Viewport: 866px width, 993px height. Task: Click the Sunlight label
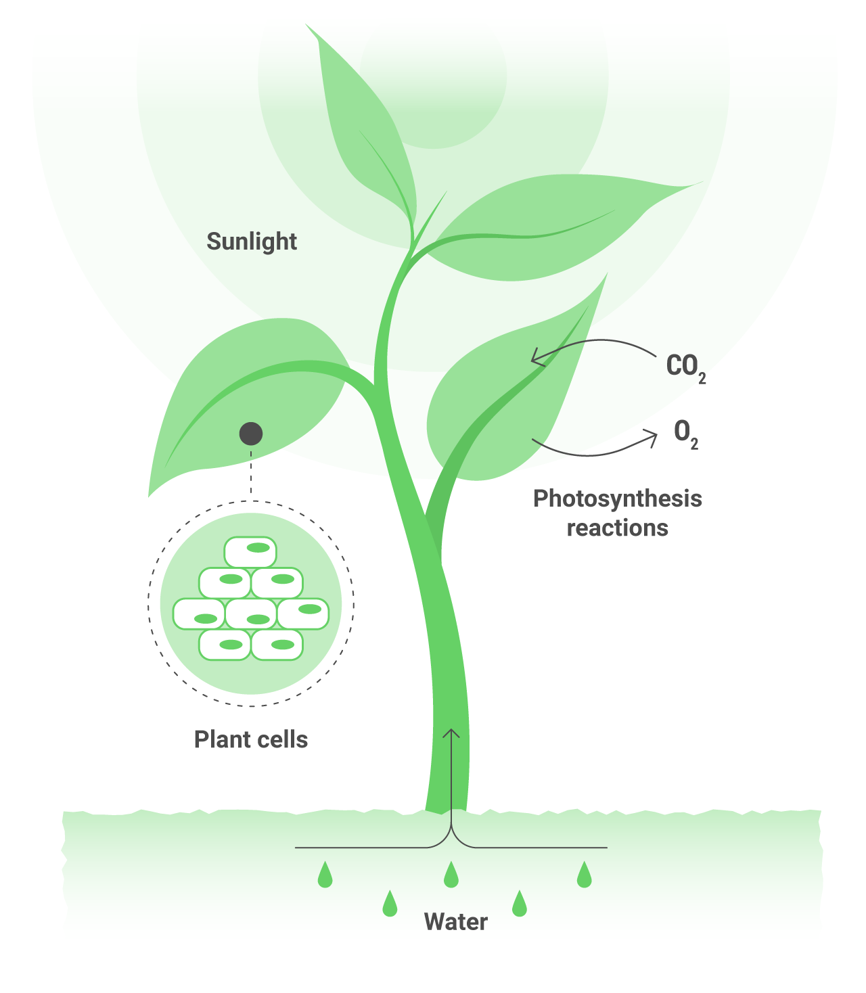252,241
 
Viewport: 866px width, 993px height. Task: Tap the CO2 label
685,367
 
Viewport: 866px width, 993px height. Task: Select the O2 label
685,432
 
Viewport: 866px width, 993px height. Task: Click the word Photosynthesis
617,499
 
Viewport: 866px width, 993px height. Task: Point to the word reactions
617,528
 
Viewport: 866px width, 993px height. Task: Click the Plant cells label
250,739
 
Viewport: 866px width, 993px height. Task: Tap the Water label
455,922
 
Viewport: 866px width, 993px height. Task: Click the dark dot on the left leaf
251,434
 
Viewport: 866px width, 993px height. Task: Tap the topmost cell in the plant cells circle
250,551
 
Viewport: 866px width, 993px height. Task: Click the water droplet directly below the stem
451,875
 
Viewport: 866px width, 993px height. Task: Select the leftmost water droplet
325,875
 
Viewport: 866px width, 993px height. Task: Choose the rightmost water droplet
584,875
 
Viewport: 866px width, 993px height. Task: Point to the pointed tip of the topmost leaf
307,26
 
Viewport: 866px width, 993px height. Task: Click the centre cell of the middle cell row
251,614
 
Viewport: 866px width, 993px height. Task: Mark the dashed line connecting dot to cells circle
251,474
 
